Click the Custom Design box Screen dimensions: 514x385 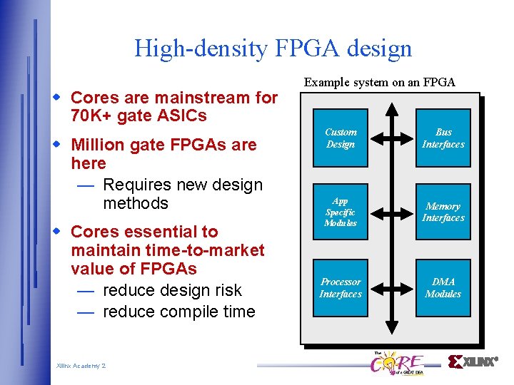pos(341,138)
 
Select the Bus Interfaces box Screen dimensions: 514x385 pos(443,138)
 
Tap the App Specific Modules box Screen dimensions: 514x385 pos(341,212)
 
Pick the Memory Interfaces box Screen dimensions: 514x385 pos(443,212)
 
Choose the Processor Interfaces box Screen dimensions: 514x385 pos(341,288)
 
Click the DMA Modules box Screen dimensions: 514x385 pos(443,288)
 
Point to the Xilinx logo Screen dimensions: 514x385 pos(473,361)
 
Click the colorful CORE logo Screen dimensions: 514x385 pos(396,363)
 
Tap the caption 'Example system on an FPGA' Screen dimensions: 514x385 pos(379,82)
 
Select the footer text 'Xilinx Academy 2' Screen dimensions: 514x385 pos(81,366)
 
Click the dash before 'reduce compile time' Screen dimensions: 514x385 pos(86,312)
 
